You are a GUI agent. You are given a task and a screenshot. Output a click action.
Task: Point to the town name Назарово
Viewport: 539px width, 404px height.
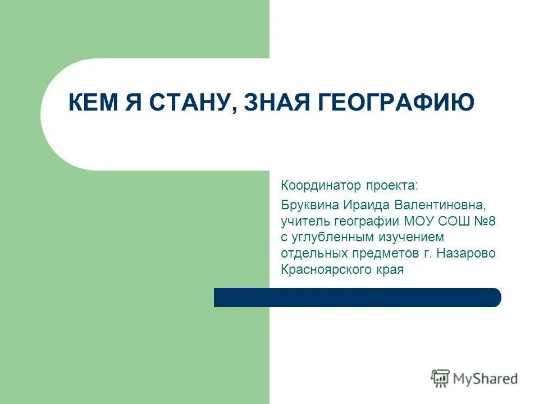[468, 253]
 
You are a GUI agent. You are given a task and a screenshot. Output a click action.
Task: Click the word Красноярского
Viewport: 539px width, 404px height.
[326, 270]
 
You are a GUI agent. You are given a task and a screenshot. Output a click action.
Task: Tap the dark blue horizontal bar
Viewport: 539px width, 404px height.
[357, 297]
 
